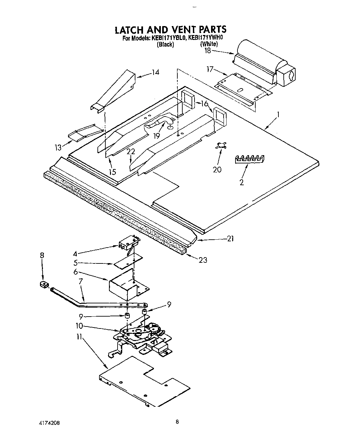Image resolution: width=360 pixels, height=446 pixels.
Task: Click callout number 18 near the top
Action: point(207,51)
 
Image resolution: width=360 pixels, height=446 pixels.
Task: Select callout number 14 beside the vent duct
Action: point(155,72)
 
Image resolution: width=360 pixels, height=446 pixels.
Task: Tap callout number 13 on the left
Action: point(58,148)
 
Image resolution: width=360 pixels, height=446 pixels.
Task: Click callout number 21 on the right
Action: point(230,238)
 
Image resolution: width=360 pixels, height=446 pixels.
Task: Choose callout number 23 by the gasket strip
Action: point(202,260)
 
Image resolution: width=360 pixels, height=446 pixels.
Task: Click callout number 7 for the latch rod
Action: point(80,281)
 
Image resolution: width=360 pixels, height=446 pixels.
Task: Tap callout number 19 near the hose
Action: point(156,135)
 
